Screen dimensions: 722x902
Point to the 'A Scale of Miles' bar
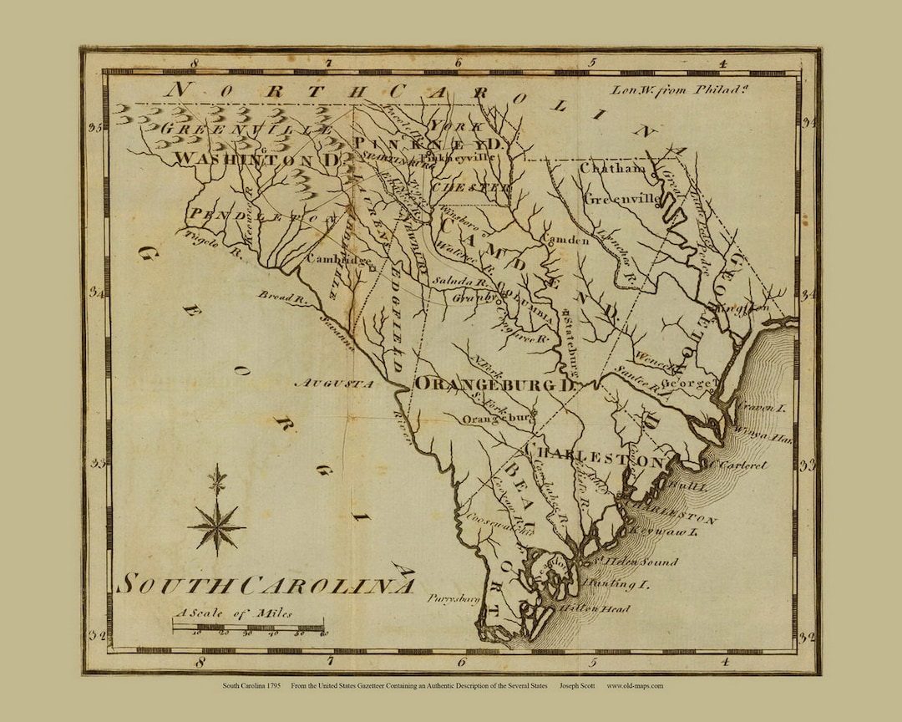point(249,627)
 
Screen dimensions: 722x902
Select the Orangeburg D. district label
point(496,384)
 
